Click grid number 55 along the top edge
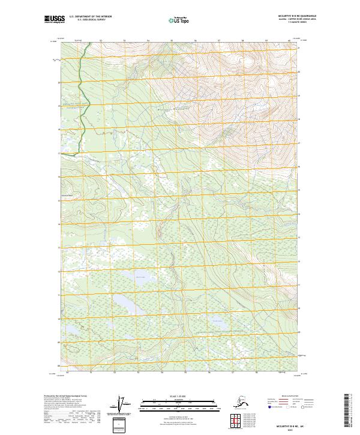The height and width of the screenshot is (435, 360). pyautogui.click(x=172, y=40)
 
